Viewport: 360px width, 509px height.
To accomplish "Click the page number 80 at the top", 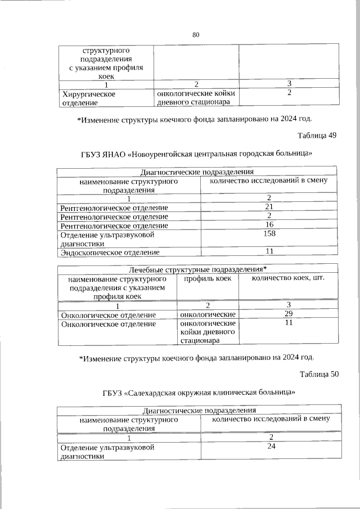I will click(196, 35).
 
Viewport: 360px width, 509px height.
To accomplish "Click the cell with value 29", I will click(287, 314).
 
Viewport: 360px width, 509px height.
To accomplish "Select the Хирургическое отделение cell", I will click(89, 98).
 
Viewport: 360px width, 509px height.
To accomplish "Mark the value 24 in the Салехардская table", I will click(271, 447).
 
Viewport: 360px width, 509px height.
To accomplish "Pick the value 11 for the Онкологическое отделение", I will click(287, 323).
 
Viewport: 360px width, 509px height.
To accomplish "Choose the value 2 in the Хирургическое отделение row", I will click(289, 93).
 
